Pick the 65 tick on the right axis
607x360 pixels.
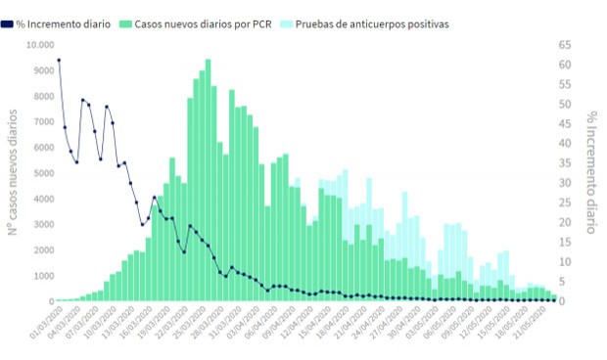(x=567, y=45)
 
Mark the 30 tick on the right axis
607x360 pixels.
(x=567, y=183)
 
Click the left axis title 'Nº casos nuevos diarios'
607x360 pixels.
(x=13, y=172)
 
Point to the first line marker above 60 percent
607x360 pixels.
(x=59, y=61)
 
